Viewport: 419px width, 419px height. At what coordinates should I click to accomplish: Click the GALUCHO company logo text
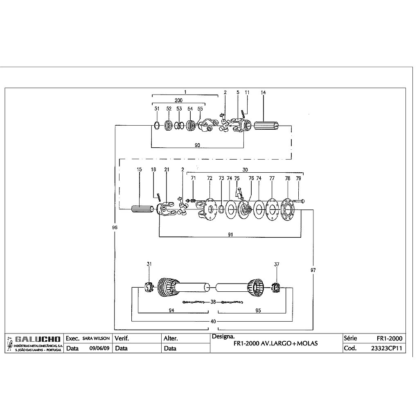point(38,339)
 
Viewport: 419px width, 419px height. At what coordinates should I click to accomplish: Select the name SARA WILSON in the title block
point(96,338)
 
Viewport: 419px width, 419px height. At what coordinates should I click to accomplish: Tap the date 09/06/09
point(99,348)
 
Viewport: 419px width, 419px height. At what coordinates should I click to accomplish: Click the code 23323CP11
point(386,348)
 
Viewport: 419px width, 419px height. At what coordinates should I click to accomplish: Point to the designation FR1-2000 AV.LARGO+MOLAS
point(275,343)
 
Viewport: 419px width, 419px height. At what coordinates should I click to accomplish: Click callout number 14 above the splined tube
point(263,92)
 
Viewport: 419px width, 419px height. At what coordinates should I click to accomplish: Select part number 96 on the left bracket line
point(115,228)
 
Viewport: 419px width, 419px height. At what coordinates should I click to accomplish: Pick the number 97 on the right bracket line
point(313,270)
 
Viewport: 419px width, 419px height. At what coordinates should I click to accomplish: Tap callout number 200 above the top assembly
point(178,100)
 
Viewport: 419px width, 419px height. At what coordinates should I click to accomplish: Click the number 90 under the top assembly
point(197,145)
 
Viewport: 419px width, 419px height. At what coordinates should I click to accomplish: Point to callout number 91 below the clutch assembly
point(230,234)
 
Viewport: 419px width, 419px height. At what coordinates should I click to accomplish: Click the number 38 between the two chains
point(213,302)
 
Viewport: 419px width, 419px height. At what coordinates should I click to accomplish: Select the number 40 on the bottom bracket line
point(213,321)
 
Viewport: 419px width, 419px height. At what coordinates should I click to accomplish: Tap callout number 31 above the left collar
point(149,264)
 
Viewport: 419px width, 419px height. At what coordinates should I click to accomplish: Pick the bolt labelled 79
point(298,201)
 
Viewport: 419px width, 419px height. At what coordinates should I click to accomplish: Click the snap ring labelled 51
point(157,125)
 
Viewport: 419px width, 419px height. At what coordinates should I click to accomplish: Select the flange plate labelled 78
point(288,210)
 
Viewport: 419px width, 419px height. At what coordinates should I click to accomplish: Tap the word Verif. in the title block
point(122,338)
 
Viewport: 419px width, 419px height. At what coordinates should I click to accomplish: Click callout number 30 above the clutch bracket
point(245,170)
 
